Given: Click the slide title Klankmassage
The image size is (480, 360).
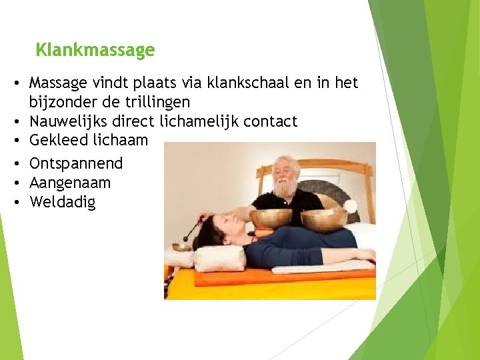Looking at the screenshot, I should (95, 50).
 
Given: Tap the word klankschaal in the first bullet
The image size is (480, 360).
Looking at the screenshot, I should (244, 83).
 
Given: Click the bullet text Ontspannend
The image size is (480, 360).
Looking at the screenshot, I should (76, 163).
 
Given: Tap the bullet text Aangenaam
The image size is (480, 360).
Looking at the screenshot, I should (70, 183).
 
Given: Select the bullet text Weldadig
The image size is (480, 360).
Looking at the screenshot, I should (63, 202).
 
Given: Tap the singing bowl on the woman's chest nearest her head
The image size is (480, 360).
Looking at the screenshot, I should (271, 217).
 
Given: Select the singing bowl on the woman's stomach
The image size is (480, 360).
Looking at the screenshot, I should (323, 218).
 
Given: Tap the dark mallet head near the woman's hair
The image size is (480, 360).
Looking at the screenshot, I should (198, 226).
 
